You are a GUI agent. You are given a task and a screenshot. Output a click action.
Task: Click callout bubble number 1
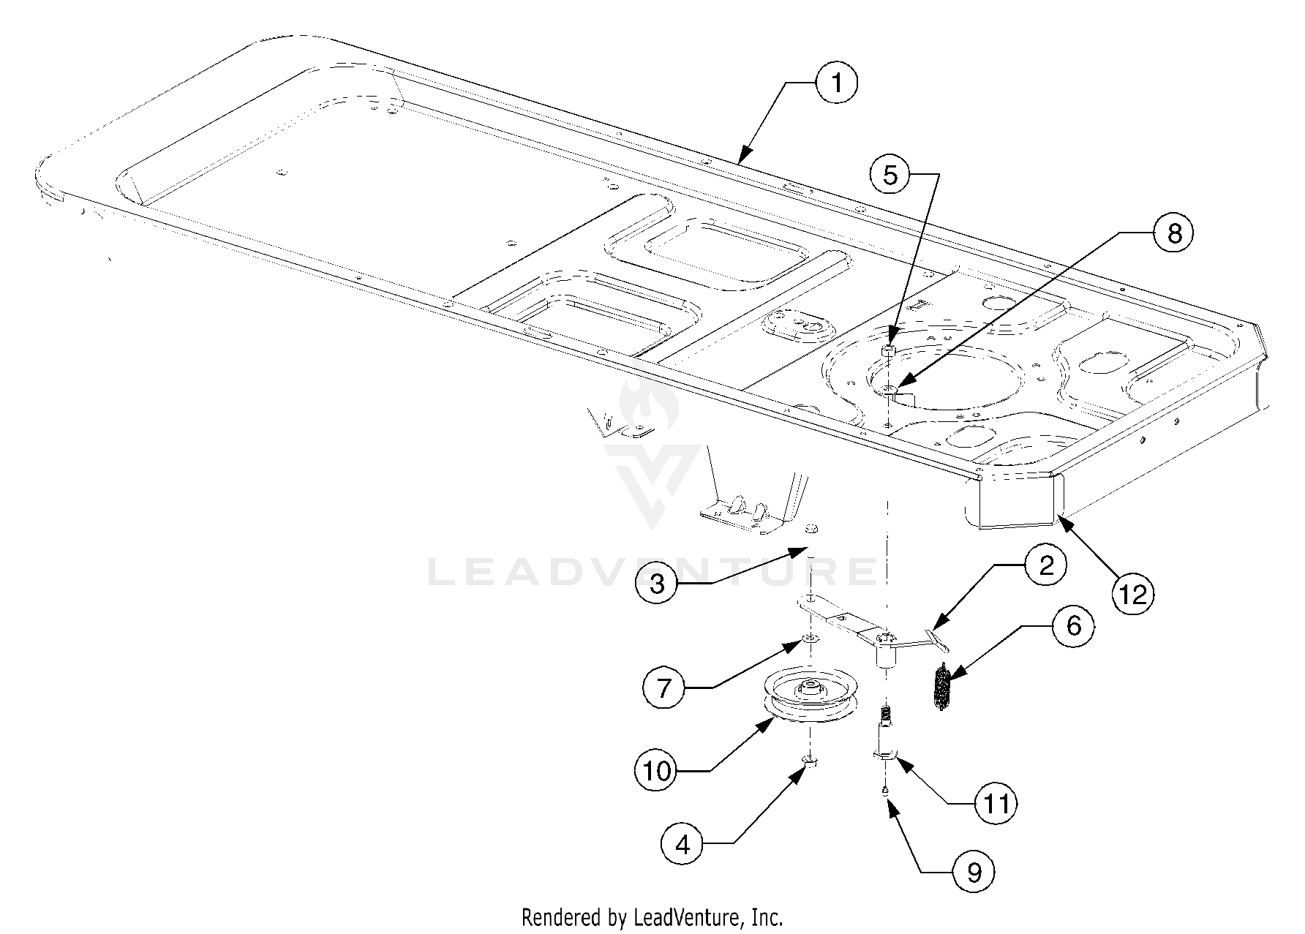pyautogui.click(x=836, y=83)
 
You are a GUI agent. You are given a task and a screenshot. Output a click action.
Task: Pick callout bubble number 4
pyautogui.click(x=682, y=846)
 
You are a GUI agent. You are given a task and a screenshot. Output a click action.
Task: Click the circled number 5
pyautogui.click(x=890, y=176)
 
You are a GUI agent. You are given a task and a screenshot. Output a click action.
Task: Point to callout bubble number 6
pyautogui.click(x=1073, y=626)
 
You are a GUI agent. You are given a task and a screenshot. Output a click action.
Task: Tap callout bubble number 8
pyautogui.click(x=1173, y=233)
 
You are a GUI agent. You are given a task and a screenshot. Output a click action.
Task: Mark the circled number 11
pyautogui.click(x=996, y=804)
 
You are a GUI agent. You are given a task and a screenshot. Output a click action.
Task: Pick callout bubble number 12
pyautogui.click(x=1132, y=595)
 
